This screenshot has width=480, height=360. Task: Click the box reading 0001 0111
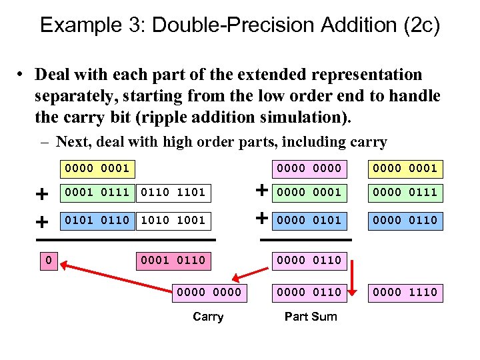97,193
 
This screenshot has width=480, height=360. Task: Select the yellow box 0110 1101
173,193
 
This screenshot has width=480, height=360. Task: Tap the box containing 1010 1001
173,220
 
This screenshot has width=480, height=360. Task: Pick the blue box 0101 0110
97,220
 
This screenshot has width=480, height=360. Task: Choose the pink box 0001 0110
173,260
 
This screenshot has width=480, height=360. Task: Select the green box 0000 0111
405,193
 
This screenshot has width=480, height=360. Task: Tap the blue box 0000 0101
310,220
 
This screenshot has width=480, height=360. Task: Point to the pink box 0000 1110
405,292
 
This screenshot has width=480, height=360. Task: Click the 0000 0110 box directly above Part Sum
310,292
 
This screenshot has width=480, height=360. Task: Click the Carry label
208,317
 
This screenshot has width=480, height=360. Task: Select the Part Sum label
311,317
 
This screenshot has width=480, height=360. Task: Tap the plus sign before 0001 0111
42,194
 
